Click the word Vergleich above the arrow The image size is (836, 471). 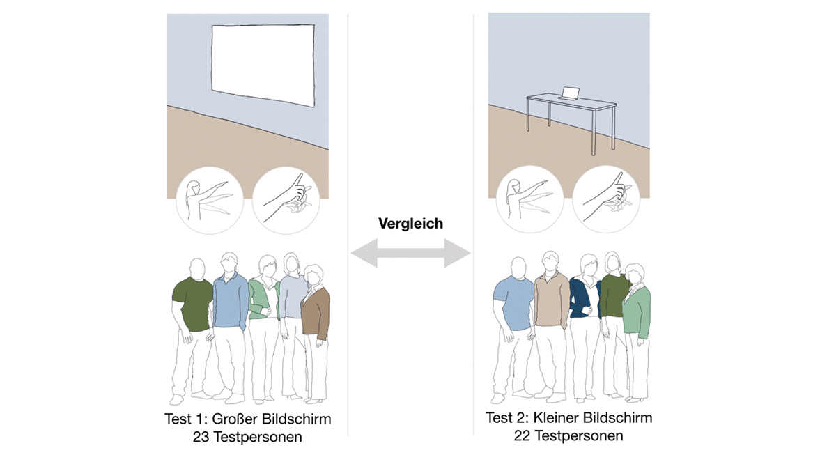tap(410, 224)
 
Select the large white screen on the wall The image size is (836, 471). tap(263, 64)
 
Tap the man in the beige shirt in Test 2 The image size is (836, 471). tap(551, 300)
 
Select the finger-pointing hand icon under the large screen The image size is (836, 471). tap(286, 198)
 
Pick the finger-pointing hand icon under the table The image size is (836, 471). tap(607, 198)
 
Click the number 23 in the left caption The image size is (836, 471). tap(201, 437)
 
